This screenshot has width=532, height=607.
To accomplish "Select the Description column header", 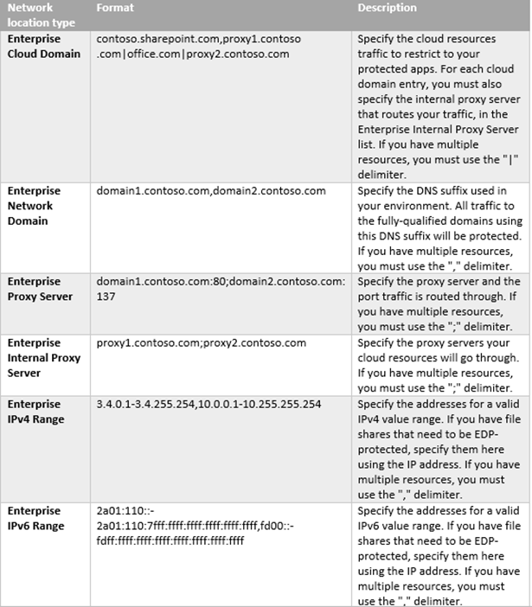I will pos(387,8).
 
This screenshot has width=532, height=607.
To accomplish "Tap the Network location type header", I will pos(42,15).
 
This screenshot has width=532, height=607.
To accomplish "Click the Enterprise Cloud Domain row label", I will pos(44,47).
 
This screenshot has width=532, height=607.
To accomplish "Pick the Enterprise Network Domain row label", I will pos(34,206).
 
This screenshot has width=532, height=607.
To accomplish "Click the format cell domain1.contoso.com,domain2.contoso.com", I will pos(211,191).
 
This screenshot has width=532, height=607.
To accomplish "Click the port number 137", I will pos(106,296).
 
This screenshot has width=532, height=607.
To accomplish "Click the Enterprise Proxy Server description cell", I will pos(438,303).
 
